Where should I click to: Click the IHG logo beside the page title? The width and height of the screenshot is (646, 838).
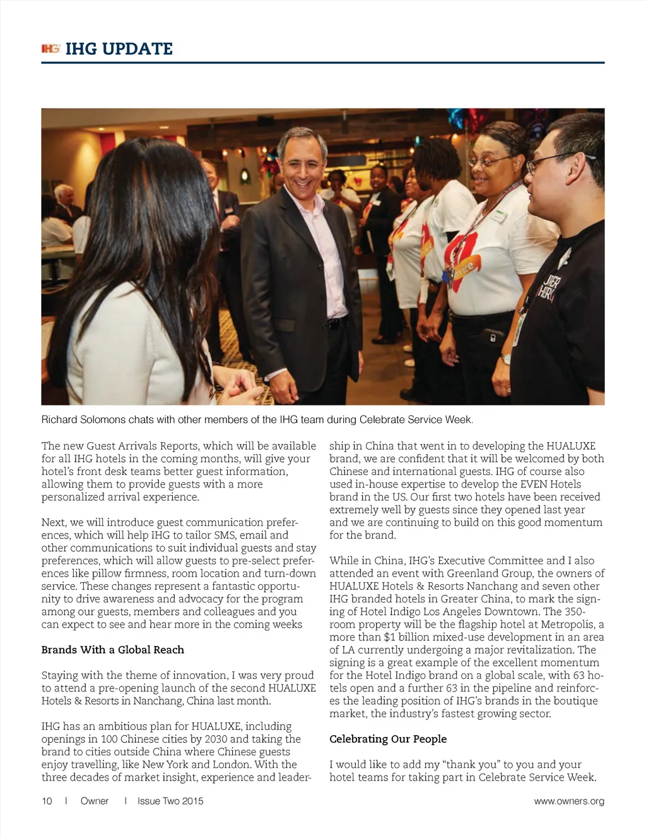point(50,49)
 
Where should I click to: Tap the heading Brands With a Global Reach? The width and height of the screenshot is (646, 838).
point(113,650)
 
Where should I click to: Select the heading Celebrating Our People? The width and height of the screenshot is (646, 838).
point(388,739)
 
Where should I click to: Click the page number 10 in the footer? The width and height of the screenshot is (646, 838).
point(47,801)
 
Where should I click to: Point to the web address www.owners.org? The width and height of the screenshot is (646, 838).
point(569,801)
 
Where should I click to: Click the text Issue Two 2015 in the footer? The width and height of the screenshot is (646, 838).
point(170,801)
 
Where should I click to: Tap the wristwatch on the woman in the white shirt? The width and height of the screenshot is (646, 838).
point(506,359)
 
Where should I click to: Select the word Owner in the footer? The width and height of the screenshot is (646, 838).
point(95,801)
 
